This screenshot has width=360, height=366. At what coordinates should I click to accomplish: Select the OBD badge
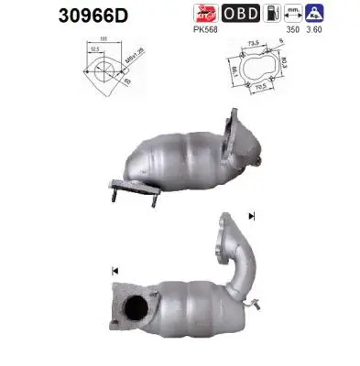(x=241, y=14)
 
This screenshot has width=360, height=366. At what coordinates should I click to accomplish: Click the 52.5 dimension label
(x=96, y=50)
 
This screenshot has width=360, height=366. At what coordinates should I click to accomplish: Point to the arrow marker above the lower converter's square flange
(x=115, y=271)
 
